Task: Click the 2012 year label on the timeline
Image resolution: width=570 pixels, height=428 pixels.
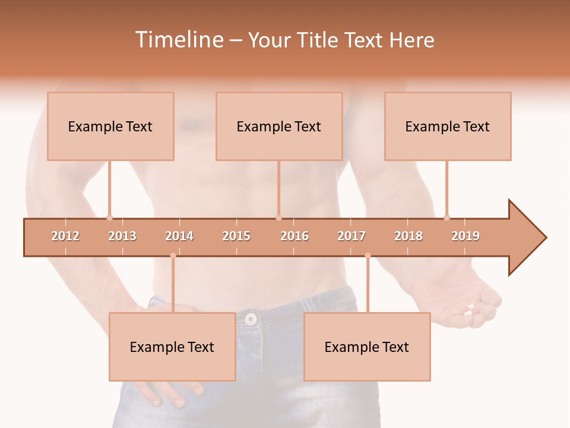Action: pyautogui.click(x=65, y=236)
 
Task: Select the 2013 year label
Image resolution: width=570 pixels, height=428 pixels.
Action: pyautogui.click(x=122, y=236)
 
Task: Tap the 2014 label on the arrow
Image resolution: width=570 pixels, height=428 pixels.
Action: pyautogui.click(x=179, y=236)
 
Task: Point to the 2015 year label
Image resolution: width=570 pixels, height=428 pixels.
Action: pyautogui.click(x=236, y=236)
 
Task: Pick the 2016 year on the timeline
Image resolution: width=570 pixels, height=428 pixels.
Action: pyautogui.click(x=294, y=236)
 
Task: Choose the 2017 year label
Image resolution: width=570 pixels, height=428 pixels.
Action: pyautogui.click(x=351, y=236)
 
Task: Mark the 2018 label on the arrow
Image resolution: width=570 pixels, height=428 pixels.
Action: pyautogui.click(x=408, y=236)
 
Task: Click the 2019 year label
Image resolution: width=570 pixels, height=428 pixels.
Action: pyautogui.click(x=465, y=236)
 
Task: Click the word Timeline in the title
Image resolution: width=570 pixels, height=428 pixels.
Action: pyautogui.click(x=178, y=40)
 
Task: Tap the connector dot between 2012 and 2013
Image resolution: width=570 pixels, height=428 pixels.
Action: pyautogui.click(x=109, y=218)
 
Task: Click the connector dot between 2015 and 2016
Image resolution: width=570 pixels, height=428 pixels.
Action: pyautogui.click(x=278, y=218)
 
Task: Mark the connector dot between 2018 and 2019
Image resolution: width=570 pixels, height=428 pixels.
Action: pyautogui.click(x=446, y=218)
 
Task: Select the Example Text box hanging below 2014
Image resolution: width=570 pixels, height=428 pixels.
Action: pyautogui.click(x=172, y=347)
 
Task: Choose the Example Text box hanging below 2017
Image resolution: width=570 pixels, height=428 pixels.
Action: pyautogui.click(x=367, y=347)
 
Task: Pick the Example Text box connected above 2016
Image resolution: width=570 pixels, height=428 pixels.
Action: pyautogui.click(x=279, y=127)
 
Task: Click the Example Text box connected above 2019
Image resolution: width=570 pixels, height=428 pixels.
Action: pyautogui.click(x=448, y=127)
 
